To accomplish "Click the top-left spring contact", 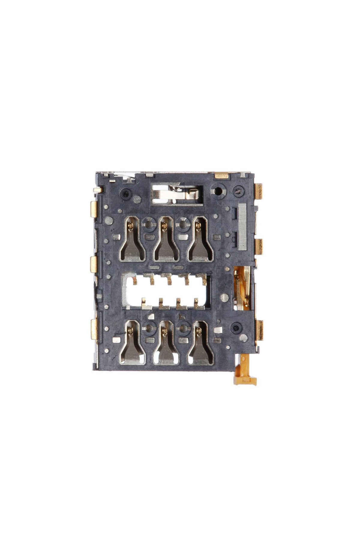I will [x=132, y=240].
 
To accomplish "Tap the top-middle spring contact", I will [x=166, y=240].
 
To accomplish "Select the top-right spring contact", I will [x=200, y=240].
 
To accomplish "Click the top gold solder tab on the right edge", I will [x=259, y=191].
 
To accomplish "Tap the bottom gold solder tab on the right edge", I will [x=259, y=330].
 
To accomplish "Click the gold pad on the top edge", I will [x=222, y=175].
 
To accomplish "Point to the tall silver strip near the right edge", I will [x=242, y=226].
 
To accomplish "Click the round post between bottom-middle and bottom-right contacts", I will [x=183, y=327].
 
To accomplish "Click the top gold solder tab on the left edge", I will [x=94, y=209].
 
